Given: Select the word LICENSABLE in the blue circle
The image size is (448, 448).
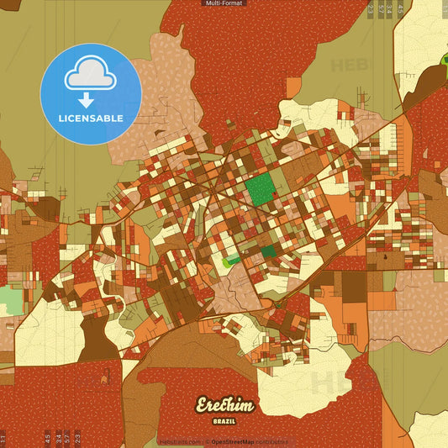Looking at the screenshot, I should [x=91, y=119].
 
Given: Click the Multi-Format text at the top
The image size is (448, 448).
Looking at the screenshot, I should [x=224, y=3].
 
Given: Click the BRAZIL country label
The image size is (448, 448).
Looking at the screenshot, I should [x=224, y=419].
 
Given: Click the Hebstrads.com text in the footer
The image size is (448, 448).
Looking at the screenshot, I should [x=180, y=441].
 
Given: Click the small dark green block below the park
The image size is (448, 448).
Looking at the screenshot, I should [x=269, y=251].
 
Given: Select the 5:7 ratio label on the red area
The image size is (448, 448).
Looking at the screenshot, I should [x=67, y=437].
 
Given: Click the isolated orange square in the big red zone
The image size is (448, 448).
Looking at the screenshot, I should [x=293, y=86].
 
